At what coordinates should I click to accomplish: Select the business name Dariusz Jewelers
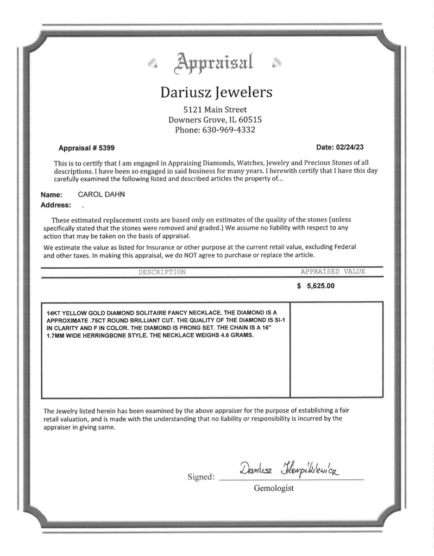pyautogui.click(x=216, y=93)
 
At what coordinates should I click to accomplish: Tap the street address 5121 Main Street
pyautogui.click(x=216, y=110)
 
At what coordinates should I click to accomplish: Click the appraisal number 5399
pyautogui.click(x=106, y=148)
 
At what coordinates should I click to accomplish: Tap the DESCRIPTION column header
pyautogui.click(x=162, y=271)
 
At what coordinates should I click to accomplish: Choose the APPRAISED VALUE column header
pyautogui.click(x=333, y=271)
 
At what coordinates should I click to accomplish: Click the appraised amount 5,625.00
pyautogui.click(x=320, y=287)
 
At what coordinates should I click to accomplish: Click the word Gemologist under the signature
pyautogui.click(x=274, y=489)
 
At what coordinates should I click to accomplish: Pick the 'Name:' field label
pyautogui.click(x=51, y=195)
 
